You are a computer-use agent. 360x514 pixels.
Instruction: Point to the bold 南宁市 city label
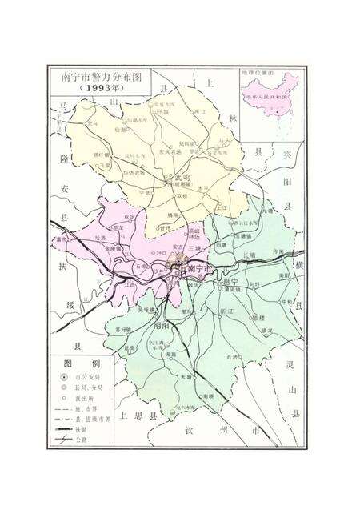[199, 270]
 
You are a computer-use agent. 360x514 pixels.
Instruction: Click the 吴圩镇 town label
[146, 309]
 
